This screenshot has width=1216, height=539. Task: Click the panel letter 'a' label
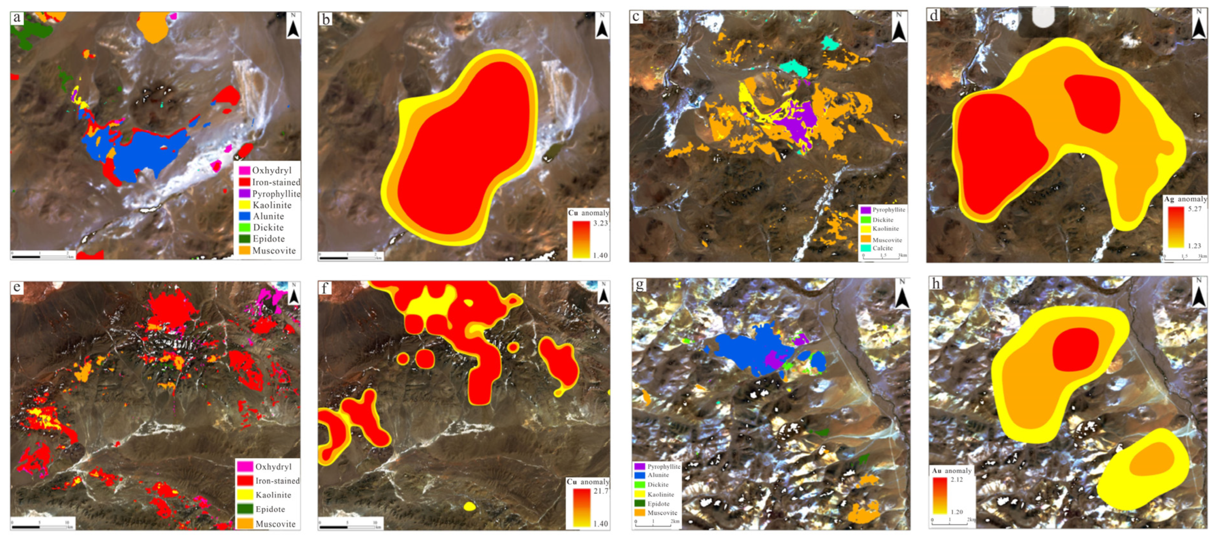tap(17, 18)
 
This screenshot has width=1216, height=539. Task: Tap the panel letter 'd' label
tap(933, 15)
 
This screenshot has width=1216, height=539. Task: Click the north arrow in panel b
tap(602, 26)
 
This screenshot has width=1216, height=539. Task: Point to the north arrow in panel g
tap(902, 296)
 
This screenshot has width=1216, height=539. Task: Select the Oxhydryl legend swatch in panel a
tap(244, 171)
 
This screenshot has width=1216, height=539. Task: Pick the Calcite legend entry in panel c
tap(882, 248)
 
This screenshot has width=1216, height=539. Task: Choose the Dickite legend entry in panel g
tap(658, 485)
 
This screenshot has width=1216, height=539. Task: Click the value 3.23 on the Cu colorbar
tap(600, 223)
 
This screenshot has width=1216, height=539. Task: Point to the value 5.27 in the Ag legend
tap(1195, 209)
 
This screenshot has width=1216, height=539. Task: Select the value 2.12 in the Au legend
tap(957, 479)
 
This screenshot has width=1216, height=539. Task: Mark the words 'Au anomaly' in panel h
tap(952, 471)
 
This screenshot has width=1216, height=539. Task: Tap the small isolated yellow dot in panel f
tap(469, 507)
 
